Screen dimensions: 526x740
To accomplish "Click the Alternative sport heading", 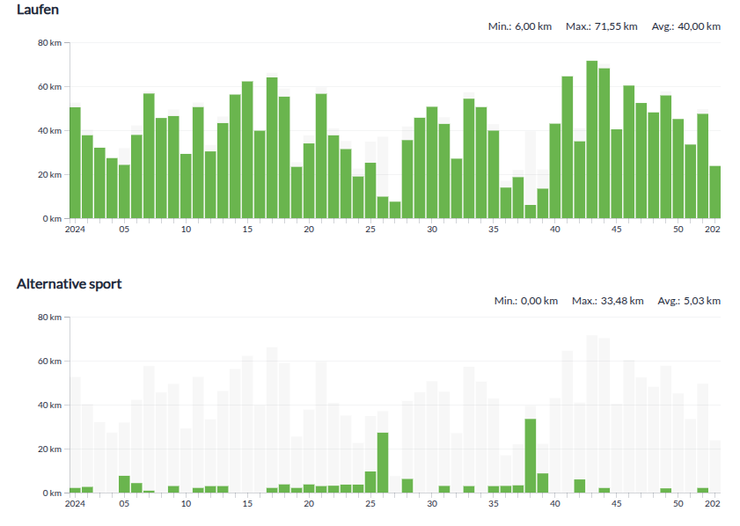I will tap(69, 283).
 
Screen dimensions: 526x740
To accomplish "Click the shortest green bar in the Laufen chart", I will tap(531, 211).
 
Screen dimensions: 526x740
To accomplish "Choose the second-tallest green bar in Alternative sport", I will tap(383, 463).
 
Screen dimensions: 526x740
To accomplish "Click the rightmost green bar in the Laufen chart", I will tap(715, 192).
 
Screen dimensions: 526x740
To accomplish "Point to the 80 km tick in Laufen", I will tap(49, 42).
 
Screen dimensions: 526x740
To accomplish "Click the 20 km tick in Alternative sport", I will tap(49, 449).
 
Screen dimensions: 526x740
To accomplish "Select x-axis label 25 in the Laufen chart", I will tap(370, 230).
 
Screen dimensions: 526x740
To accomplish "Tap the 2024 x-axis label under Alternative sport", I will tap(75, 504).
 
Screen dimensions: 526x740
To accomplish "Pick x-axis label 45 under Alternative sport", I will tap(617, 504).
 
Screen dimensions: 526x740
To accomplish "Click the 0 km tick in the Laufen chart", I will tap(52, 218).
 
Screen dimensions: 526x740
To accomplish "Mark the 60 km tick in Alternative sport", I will tap(49, 361).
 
